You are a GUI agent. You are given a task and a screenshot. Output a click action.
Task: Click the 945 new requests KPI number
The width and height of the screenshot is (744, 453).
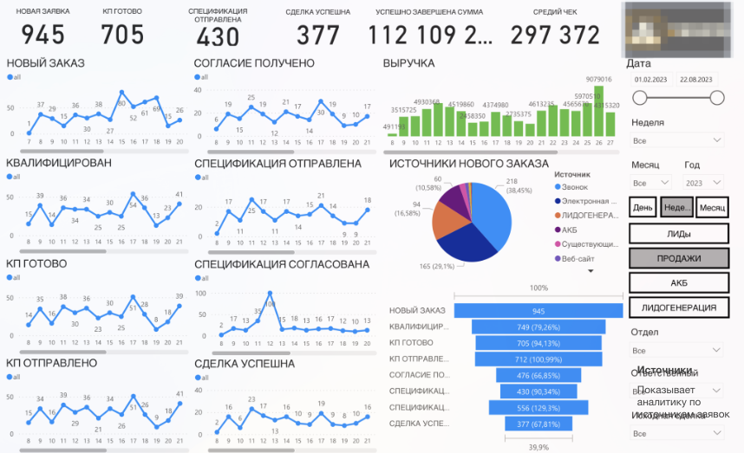click(43, 34)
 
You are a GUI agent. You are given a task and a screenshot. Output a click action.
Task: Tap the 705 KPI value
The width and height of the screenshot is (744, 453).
click(122, 34)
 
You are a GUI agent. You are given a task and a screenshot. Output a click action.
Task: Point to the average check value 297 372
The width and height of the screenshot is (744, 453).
click(555, 35)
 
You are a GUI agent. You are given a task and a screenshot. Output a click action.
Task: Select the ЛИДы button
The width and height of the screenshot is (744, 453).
click(678, 233)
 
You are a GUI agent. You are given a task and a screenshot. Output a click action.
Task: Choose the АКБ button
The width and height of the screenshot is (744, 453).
click(678, 282)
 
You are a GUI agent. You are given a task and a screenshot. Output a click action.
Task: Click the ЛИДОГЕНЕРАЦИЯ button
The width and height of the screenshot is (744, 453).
click(678, 307)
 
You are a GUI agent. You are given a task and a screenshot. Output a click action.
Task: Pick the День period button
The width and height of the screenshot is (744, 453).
click(643, 208)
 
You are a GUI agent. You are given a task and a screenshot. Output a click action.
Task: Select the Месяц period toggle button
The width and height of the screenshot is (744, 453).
click(712, 208)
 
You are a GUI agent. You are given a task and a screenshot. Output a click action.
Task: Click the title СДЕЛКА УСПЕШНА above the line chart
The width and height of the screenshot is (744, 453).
click(245, 363)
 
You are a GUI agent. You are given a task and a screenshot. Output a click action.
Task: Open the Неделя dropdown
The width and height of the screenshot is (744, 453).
click(677, 140)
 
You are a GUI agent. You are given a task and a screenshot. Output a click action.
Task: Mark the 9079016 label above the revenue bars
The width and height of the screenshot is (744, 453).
click(599, 79)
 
